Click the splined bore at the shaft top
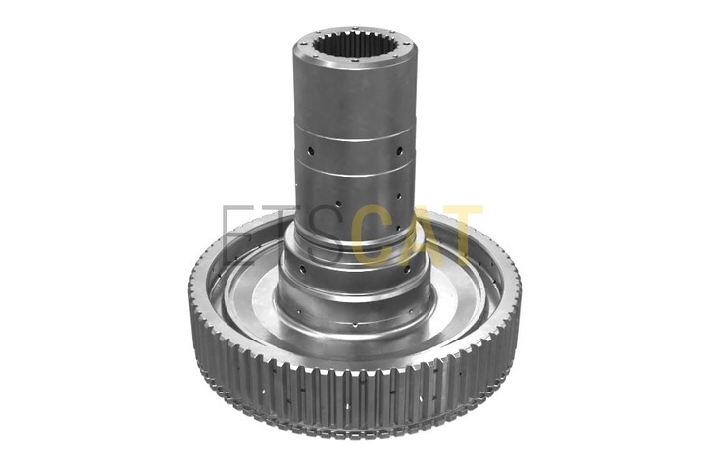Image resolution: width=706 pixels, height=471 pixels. (x=355, y=44)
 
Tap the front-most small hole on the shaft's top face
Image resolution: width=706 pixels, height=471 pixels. (x=355, y=60)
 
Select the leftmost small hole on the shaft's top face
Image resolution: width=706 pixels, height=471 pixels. (x=302, y=44)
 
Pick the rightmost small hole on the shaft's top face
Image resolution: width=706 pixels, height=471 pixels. (x=408, y=44)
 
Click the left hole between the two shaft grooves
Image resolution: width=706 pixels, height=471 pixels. (x=310, y=150)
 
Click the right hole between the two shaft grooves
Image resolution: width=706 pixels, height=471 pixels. (x=399, y=150)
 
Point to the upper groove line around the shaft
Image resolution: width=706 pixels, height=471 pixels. (x=354, y=136)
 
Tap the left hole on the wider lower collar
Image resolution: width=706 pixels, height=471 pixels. (x=302, y=270)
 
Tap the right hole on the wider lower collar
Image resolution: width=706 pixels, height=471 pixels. (x=407, y=270)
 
